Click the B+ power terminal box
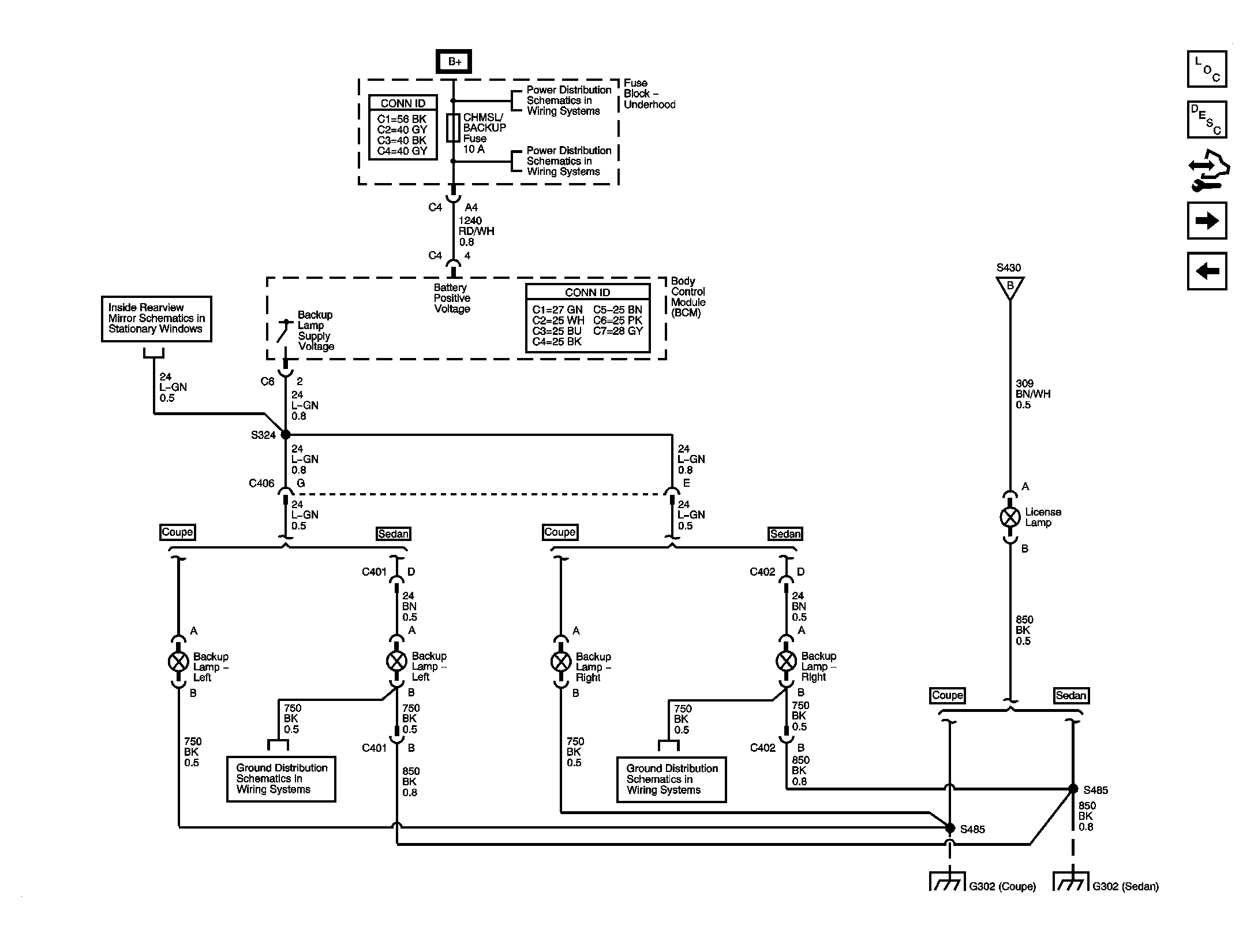(454, 61)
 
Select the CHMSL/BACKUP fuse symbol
(453, 128)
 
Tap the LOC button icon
(1207, 69)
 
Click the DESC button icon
(1207, 120)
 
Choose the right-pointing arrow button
(1207, 221)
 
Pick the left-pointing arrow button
(1207, 271)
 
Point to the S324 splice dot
(286, 435)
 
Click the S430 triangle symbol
(1010, 288)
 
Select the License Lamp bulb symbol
(1010, 517)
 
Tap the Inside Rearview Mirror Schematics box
(156, 319)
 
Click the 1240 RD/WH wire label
(476, 231)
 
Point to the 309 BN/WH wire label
(1033, 394)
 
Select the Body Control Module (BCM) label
(688, 297)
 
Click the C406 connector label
(261, 483)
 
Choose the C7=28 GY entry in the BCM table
(617, 331)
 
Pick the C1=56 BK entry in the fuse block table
(402, 119)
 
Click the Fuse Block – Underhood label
(649, 94)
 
